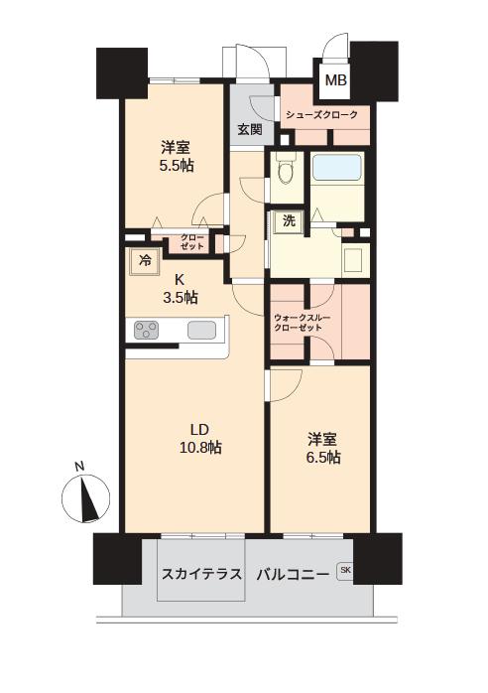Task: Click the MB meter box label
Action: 335,80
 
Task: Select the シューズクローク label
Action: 322,115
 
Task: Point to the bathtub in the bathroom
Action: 338,169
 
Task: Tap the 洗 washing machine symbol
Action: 288,222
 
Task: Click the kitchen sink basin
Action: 204,331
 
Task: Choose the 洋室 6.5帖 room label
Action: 321,448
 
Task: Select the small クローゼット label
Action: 192,241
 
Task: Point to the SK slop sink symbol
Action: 345,570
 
